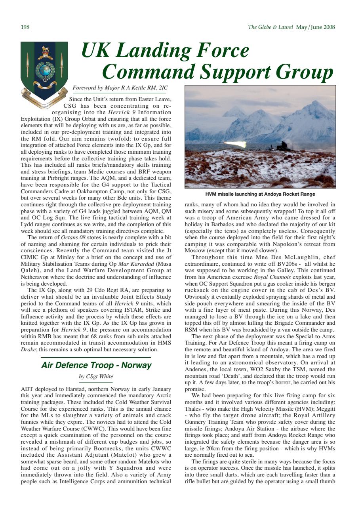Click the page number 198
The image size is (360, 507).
[x=25, y=27]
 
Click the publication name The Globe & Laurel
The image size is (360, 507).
[x=270, y=27]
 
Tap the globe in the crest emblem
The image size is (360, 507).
[x=43, y=70]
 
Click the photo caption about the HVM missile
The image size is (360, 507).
[x=260, y=194]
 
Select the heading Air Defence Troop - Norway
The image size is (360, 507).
[x=96, y=365]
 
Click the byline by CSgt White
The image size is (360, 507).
[x=96, y=376]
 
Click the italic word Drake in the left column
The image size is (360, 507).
[x=27, y=350]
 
